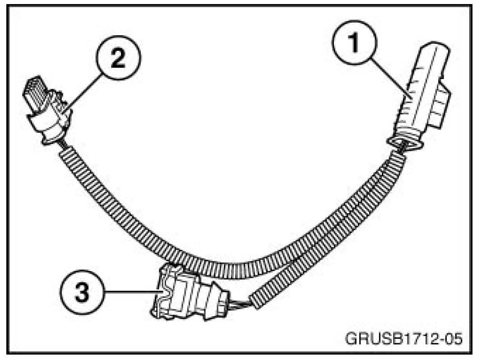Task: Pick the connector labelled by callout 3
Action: (185, 294)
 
